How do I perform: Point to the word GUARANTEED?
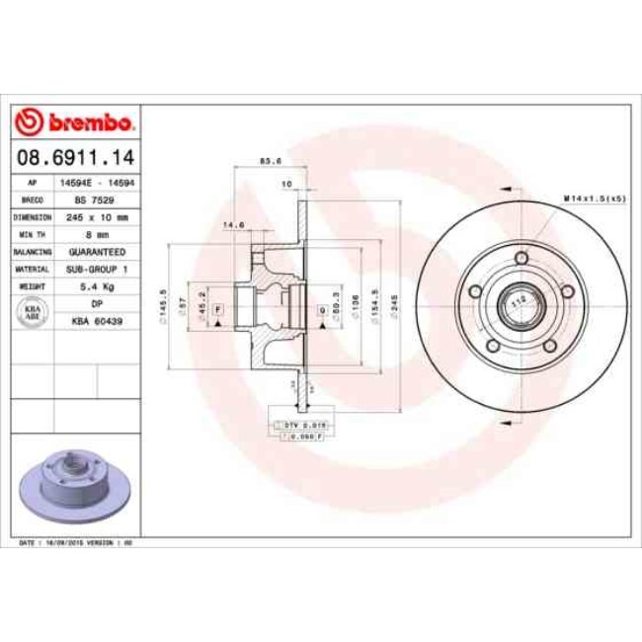(x=97, y=251)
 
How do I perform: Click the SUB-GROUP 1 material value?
(x=97, y=269)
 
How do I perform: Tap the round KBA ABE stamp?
(x=32, y=312)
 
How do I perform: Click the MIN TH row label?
(x=32, y=234)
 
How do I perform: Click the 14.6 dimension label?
(x=234, y=225)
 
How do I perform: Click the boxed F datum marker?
(x=217, y=310)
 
